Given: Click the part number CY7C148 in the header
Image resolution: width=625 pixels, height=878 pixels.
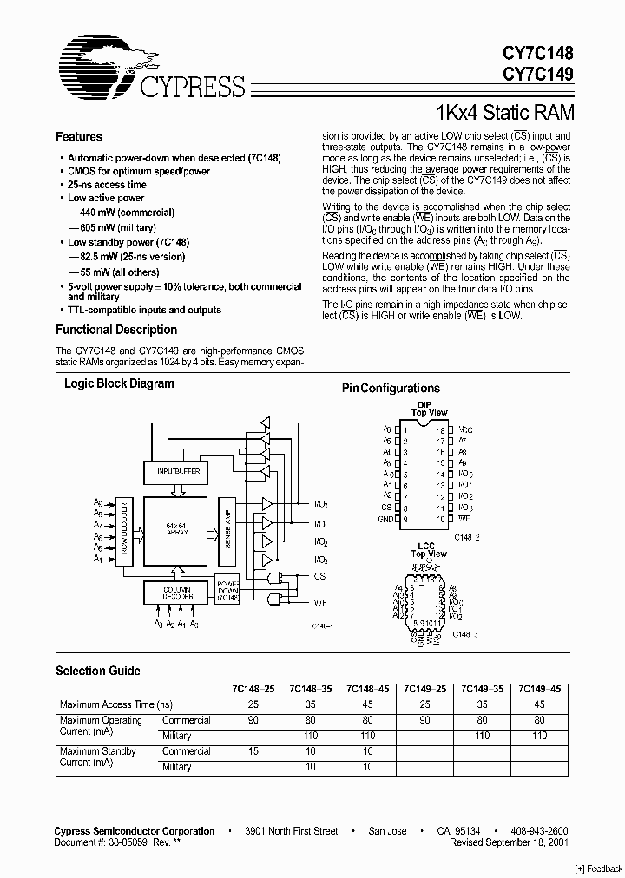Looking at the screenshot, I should [538, 54].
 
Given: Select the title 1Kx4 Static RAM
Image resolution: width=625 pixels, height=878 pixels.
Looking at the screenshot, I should [503, 112].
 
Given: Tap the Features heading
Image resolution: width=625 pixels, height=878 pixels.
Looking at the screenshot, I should [78, 137].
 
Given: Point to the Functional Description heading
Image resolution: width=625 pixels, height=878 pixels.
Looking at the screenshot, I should [116, 330].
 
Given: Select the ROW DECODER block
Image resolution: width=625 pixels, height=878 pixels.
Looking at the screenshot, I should [125, 533].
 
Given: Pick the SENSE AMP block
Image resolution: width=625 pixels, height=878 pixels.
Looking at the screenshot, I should [224, 532].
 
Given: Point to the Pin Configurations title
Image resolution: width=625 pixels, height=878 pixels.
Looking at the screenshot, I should [391, 389].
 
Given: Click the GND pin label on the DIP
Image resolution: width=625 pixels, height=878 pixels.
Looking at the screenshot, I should [386, 518].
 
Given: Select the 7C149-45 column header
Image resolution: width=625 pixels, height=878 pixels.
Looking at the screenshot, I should [539, 688].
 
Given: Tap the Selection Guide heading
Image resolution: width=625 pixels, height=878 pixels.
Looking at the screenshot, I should [97, 671].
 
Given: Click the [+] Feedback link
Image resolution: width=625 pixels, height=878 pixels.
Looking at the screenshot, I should [598, 869].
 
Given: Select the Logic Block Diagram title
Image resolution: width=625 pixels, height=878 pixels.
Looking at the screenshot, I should [119, 383].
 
